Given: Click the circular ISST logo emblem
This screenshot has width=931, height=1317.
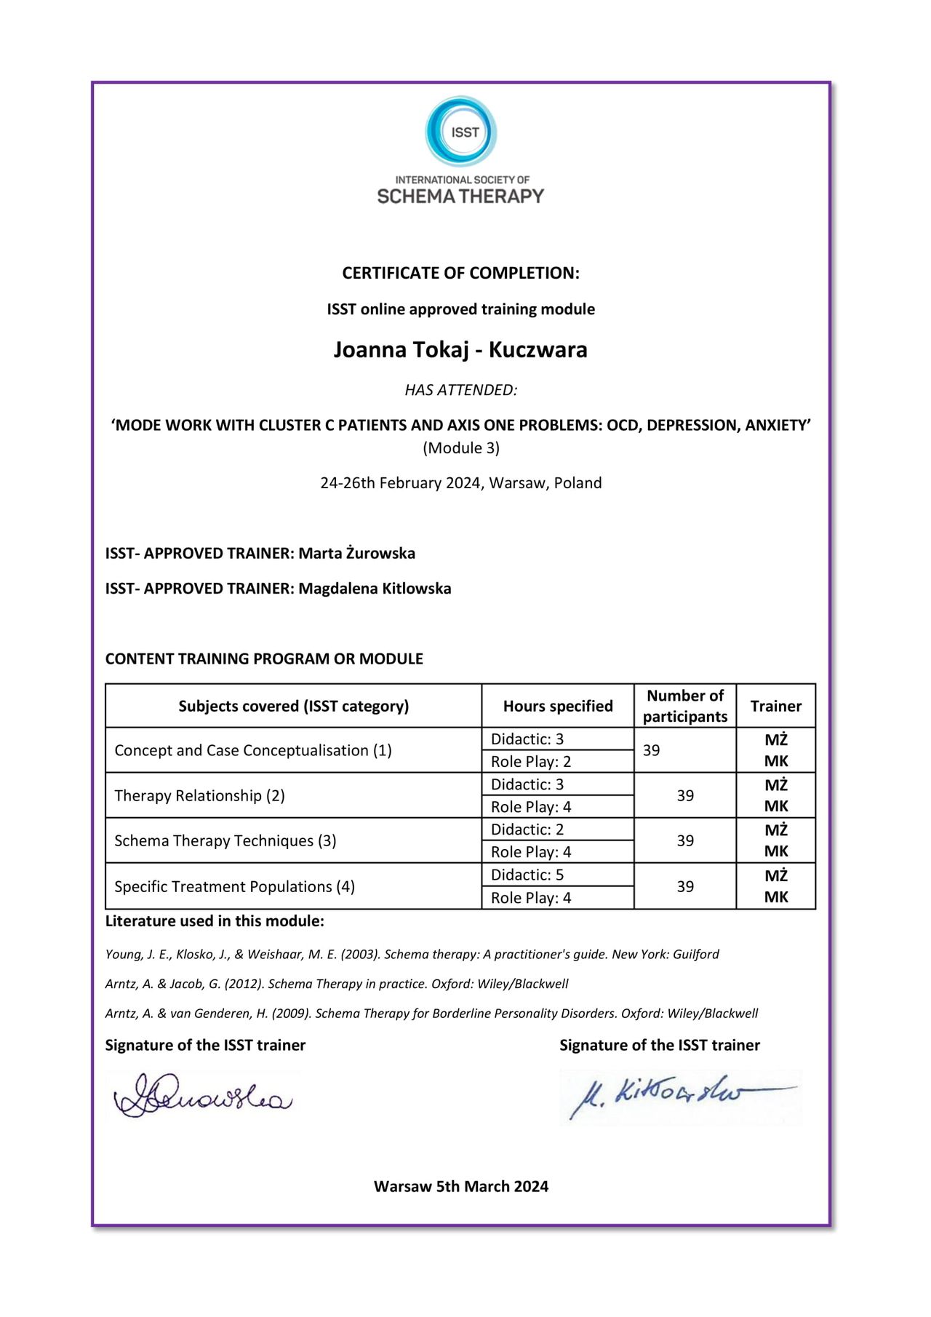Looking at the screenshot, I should tap(461, 132).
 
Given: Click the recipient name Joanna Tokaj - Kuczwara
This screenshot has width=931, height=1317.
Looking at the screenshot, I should tap(460, 350).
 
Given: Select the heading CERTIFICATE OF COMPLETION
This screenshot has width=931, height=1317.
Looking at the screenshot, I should tap(460, 274).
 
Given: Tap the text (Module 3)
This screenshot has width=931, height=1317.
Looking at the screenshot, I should tap(461, 448).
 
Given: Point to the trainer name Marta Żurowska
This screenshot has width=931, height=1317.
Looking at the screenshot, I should tap(356, 554).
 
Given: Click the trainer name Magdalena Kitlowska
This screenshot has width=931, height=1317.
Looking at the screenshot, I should tap(375, 589).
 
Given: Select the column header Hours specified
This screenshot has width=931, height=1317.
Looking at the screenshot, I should tap(558, 707).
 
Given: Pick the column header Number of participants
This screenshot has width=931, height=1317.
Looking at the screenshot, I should tap(685, 707).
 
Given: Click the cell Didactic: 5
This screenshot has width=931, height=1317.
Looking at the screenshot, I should tap(527, 875).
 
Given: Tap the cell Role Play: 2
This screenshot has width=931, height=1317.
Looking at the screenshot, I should tap(531, 762).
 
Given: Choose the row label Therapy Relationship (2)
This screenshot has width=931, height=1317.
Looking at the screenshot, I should tap(199, 796).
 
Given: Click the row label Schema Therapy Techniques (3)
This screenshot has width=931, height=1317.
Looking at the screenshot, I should tap(225, 841).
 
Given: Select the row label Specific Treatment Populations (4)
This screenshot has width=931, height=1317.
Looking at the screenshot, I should tap(234, 887).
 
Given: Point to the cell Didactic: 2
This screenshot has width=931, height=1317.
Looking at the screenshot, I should tap(527, 830).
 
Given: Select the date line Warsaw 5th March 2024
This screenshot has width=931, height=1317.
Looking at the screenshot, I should tap(461, 1187).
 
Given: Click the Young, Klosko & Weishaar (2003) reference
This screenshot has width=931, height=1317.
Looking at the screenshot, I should tap(412, 955).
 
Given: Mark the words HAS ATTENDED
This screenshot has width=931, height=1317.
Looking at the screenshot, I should tap(461, 391).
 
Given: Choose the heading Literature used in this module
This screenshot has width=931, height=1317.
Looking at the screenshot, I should tap(215, 922).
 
